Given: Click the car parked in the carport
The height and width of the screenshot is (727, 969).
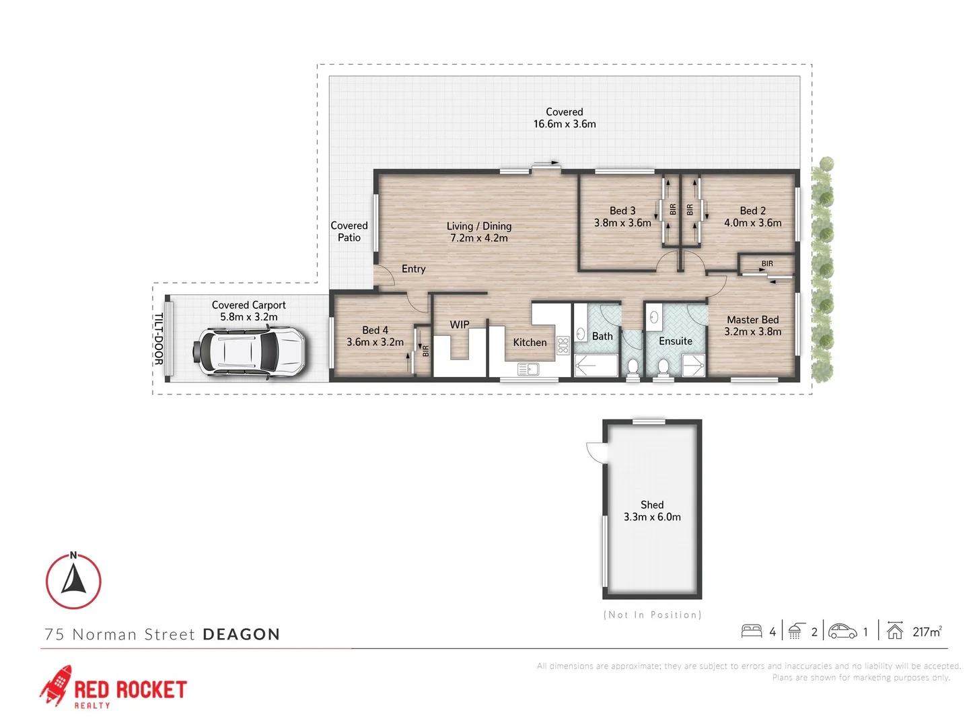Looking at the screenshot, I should pyautogui.click(x=250, y=352).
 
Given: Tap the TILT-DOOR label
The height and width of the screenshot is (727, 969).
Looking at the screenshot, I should pyautogui.click(x=159, y=339).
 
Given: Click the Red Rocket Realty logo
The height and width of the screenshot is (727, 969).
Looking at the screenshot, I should pyautogui.click(x=112, y=687).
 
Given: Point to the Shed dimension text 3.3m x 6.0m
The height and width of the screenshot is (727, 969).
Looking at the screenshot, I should pyautogui.click(x=651, y=517).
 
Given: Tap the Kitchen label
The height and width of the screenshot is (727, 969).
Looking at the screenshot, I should pyautogui.click(x=530, y=343).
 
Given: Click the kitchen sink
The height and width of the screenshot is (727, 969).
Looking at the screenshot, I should pyautogui.click(x=527, y=369).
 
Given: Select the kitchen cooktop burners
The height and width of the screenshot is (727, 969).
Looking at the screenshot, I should pyautogui.click(x=563, y=346).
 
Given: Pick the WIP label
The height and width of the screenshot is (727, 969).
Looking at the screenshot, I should pyautogui.click(x=460, y=324).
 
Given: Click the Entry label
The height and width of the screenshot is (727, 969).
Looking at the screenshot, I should pyautogui.click(x=413, y=269).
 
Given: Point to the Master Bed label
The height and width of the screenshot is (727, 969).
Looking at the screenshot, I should pyautogui.click(x=752, y=320).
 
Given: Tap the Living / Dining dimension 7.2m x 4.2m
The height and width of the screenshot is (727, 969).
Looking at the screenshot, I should pyautogui.click(x=478, y=238).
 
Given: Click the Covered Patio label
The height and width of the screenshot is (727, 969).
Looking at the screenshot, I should pyautogui.click(x=349, y=232).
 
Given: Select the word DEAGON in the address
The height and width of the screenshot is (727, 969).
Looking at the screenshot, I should pyautogui.click(x=241, y=635).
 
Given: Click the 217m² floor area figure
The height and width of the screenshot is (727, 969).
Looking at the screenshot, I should pyautogui.click(x=927, y=631).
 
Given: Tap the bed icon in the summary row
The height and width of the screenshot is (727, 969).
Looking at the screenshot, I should pyautogui.click(x=751, y=631).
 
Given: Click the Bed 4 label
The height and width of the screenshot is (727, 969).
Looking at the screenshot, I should pyautogui.click(x=375, y=330).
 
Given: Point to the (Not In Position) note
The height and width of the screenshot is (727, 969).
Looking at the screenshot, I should pyautogui.click(x=651, y=615).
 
